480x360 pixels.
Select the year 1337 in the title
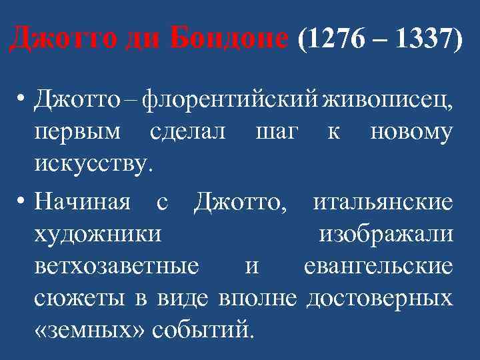point(419,41)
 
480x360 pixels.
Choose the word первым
point(79,131)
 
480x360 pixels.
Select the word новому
point(411,131)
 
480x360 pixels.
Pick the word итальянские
point(383,201)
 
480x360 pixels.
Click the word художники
point(98,233)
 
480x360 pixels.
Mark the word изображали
point(387,233)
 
